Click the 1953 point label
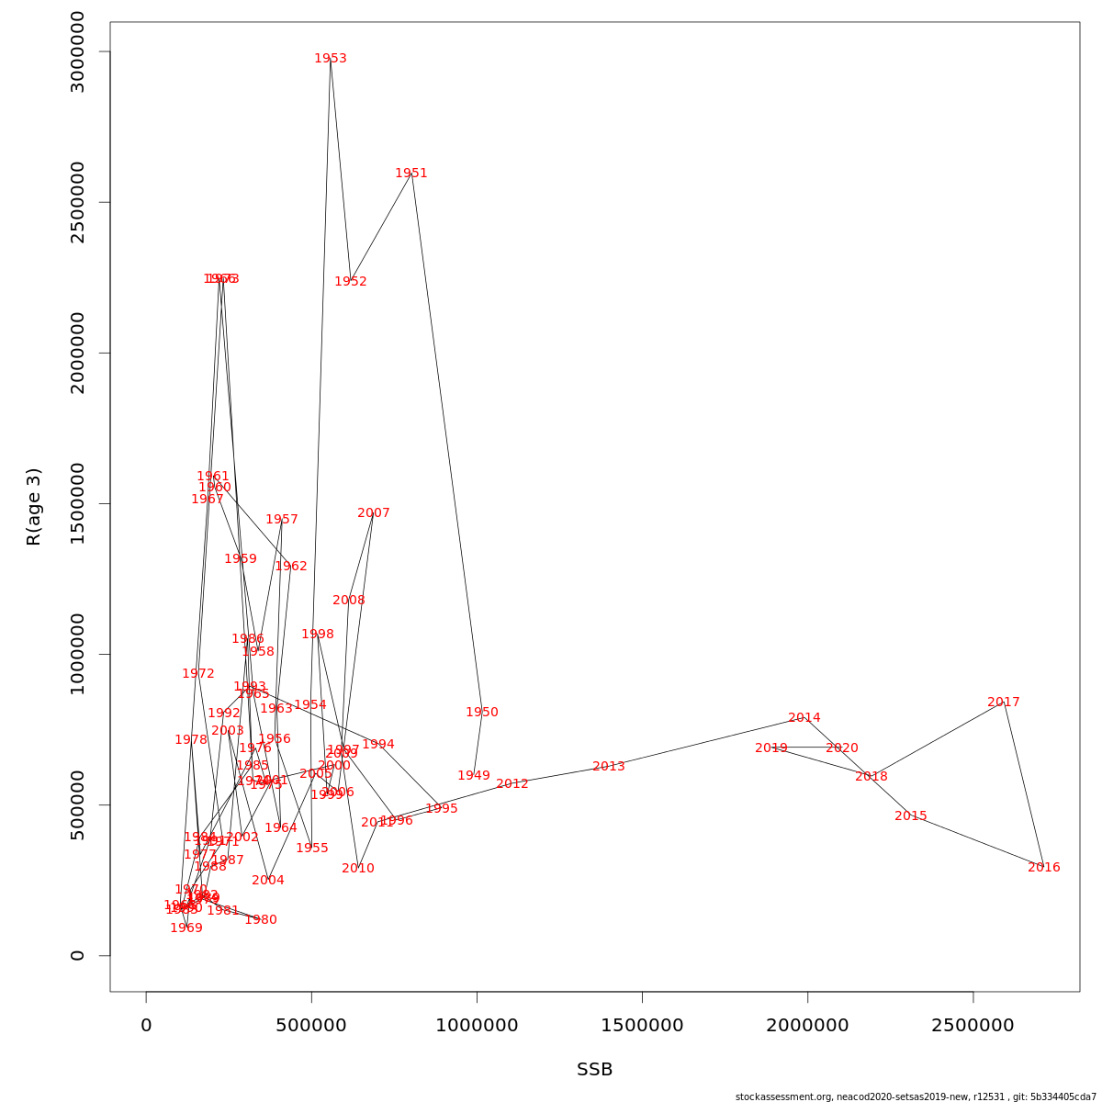(331, 59)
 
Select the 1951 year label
(411, 174)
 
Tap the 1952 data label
(351, 282)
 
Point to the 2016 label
(1044, 868)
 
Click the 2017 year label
(1004, 703)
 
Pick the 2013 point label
(609, 767)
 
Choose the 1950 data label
(482, 713)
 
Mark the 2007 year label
(374, 513)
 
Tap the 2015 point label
(911, 816)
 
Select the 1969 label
(186, 928)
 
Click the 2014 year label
(804, 718)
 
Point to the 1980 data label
(261, 920)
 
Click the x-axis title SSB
(595, 1070)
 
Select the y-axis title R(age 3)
(34, 507)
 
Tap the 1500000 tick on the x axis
(642, 1025)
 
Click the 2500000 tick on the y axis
(77, 202)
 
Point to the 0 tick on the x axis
(146, 1025)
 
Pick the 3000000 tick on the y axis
(77, 51)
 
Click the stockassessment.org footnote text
(916, 1096)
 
